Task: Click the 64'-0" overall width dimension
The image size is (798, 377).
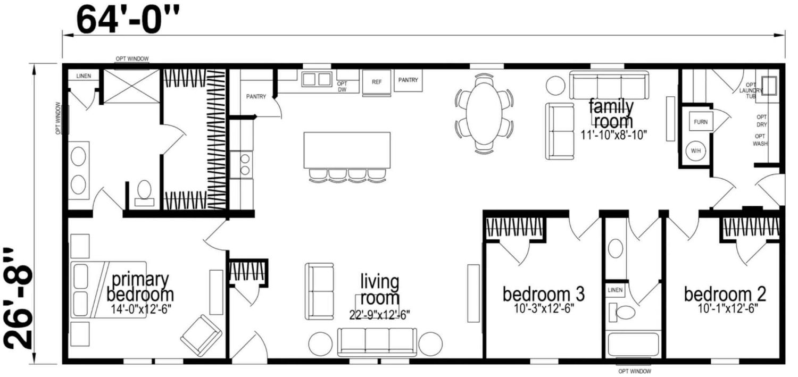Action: [128, 20]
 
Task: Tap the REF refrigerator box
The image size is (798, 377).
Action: [377, 82]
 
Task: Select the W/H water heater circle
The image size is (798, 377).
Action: [696, 150]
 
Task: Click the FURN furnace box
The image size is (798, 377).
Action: [701, 122]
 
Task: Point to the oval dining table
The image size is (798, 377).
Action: [484, 114]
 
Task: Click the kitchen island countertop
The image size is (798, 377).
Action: [347, 150]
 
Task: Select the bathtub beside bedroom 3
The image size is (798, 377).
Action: [633, 344]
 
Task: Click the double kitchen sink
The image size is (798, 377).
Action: [317, 79]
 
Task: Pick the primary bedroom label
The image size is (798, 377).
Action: [140, 287]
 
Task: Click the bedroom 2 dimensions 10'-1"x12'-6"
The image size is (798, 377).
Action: [727, 308]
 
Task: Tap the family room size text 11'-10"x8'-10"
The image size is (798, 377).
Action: [614, 135]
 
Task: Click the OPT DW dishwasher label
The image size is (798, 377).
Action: [342, 87]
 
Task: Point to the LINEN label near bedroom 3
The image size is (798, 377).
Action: [615, 290]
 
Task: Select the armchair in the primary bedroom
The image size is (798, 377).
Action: [201, 336]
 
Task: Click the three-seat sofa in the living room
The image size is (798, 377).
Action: [377, 342]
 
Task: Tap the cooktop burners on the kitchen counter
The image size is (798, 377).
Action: [245, 164]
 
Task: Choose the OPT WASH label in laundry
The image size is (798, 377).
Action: [760, 140]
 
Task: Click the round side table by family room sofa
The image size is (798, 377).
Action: [555, 86]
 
